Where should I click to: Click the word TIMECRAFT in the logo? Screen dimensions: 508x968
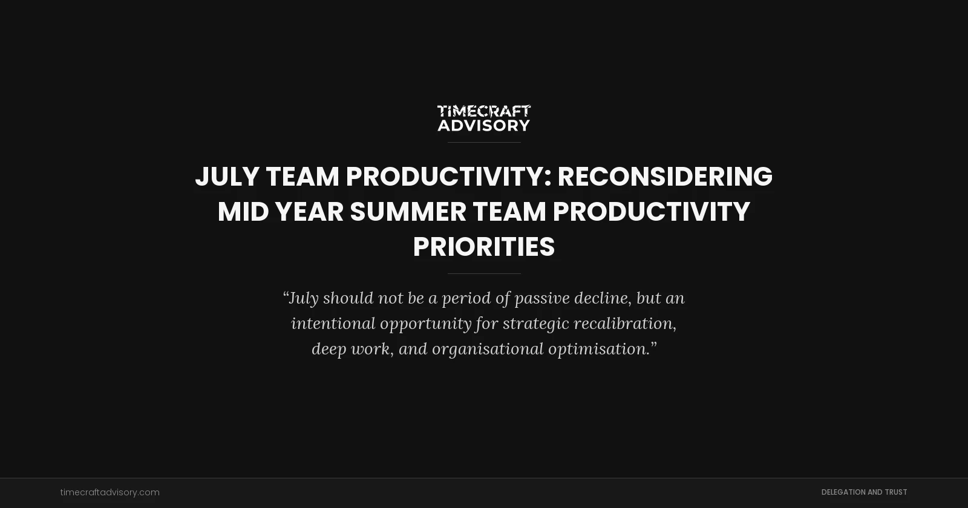(483, 112)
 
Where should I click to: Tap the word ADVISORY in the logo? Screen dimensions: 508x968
(483, 125)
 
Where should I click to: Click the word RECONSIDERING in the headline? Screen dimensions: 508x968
(664, 177)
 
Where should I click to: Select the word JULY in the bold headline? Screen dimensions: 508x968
(227, 177)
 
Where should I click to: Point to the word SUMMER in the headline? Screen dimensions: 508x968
(408, 212)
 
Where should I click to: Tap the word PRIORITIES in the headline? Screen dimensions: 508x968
(483, 247)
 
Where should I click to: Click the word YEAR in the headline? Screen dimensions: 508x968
(309, 212)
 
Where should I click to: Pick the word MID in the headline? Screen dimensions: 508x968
(243, 212)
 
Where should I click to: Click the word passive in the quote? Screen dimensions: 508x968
(541, 298)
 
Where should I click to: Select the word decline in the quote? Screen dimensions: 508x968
(602, 298)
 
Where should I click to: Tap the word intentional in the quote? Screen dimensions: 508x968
(333, 324)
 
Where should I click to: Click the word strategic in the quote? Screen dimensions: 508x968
(535, 324)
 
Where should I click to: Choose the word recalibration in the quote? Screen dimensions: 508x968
(624, 324)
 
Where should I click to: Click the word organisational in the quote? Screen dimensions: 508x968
(488, 349)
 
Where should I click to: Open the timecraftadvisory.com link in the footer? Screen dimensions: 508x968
(110, 492)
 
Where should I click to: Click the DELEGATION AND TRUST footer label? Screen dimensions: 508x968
(864, 492)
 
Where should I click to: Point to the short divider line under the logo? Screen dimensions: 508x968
(483, 143)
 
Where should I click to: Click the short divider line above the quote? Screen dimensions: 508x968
(483, 274)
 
